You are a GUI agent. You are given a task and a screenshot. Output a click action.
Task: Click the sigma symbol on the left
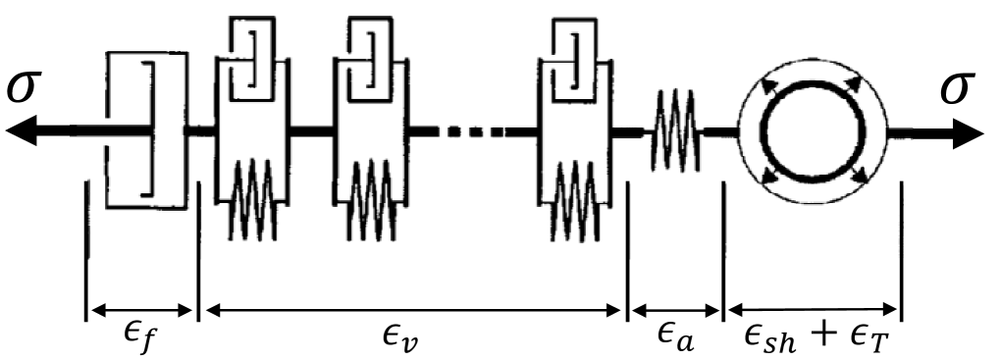tap(27, 89)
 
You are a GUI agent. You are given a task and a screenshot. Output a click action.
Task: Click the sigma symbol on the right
tap(958, 89)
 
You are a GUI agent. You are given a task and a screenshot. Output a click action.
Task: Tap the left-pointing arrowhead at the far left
tap(22, 130)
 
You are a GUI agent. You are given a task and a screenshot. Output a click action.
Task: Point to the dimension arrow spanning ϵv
tap(412, 311)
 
